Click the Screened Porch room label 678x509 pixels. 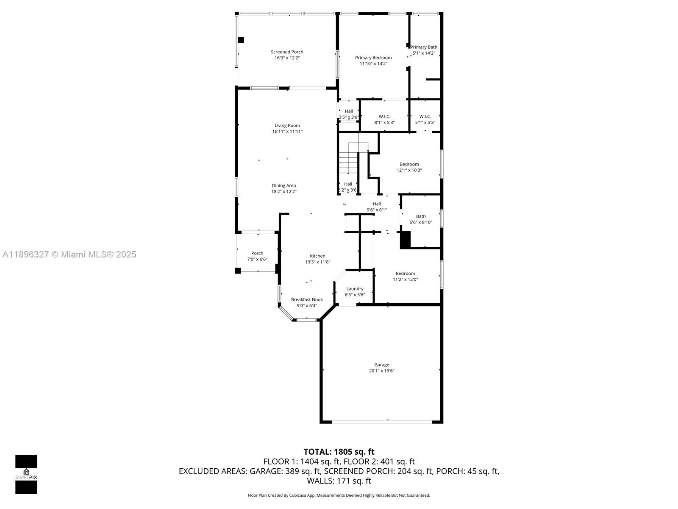pyautogui.click(x=287, y=52)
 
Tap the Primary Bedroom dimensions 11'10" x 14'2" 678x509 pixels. pyautogui.click(x=373, y=64)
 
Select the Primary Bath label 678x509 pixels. pyautogui.click(x=424, y=48)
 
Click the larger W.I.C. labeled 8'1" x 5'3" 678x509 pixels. pyautogui.click(x=384, y=119)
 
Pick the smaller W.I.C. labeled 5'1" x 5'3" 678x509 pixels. pyautogui.click(x=425, y=119)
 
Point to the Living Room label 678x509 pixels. pyautogui.click(x=287, y=126)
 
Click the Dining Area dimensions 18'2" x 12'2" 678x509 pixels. pyautogui.click(x=284, y=192)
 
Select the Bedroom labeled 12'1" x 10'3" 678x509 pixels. pyautogui.click(x=409, y=167)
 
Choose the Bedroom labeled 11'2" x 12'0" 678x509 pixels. pyautogui.click(x=405, y=276)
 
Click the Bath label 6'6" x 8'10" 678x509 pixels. pyautogui.click(x=421, y=219)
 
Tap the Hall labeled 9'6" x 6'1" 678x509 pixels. pyautogui.click(x=377, y=207)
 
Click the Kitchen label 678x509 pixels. pyautogui.click(x=317, y=256)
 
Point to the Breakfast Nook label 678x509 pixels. pyautogui.click(x=307, y=299)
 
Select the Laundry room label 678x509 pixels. pyautogui.click(x=355, y=289)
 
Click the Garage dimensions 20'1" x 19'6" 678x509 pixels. pyautogui.click(x=382, y=371)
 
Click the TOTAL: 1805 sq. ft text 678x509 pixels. pyautogui.click(x=339, y=452)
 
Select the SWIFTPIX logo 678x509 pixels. pyautogui.click(x=26, y=474)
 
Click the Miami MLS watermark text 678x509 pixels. pyautogui.click(x=69, y=255)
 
